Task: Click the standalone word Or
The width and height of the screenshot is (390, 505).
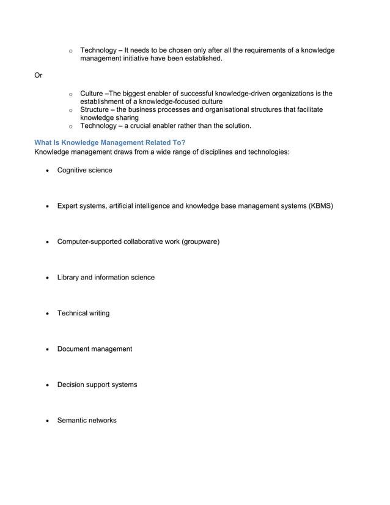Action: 38,76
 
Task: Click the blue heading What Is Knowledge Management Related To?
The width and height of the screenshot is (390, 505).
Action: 110,142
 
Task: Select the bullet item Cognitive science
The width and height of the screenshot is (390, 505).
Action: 84,170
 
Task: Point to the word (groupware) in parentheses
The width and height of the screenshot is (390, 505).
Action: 200,241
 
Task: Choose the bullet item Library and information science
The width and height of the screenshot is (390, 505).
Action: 106,278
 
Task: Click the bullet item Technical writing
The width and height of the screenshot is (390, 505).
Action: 83,313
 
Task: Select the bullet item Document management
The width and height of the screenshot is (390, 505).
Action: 94,349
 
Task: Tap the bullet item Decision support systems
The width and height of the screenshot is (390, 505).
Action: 97,385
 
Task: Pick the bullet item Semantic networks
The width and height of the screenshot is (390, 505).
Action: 86,421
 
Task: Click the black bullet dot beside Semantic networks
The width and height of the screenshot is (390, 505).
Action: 48,421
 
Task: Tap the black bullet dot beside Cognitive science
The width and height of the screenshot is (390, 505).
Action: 48,171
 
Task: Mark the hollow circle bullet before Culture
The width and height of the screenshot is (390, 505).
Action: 71,94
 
